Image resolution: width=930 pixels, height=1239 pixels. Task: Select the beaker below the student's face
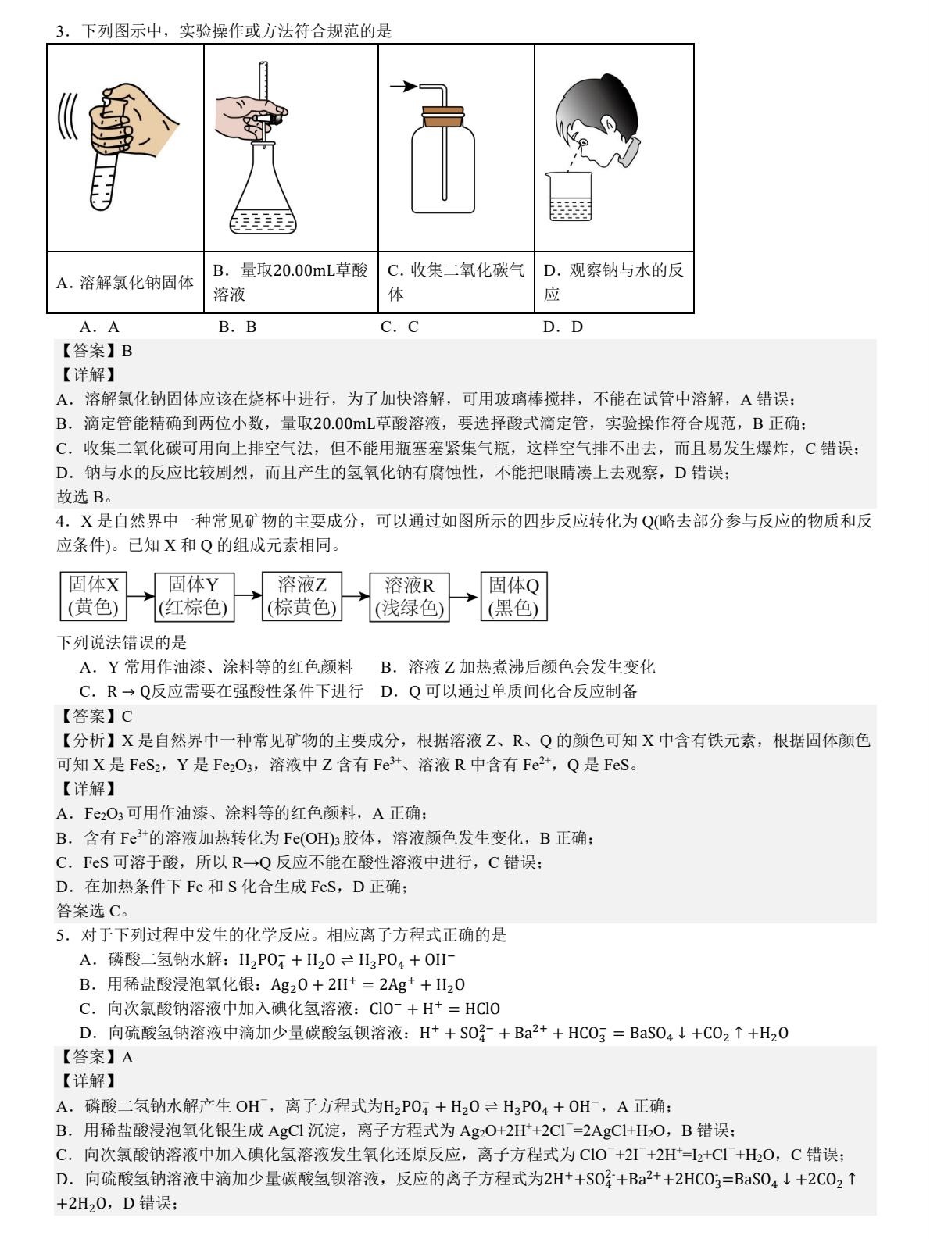[569, 199]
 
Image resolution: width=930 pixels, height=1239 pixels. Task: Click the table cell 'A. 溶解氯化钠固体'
[126, 283]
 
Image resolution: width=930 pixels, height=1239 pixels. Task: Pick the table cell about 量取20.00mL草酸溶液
[291, 283]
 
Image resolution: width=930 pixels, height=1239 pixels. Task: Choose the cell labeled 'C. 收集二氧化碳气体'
[456, 283]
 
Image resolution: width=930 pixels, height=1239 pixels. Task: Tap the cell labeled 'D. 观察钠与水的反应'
[614, 283]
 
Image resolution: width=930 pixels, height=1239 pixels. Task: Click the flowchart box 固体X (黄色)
[94, 596]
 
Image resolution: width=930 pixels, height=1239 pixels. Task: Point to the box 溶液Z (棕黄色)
[302, 596]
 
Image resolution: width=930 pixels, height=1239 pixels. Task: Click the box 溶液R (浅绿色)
[410, 596]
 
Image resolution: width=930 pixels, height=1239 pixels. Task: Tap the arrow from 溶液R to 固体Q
[465, 597]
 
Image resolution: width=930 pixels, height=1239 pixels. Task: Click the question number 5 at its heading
[62, 935]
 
